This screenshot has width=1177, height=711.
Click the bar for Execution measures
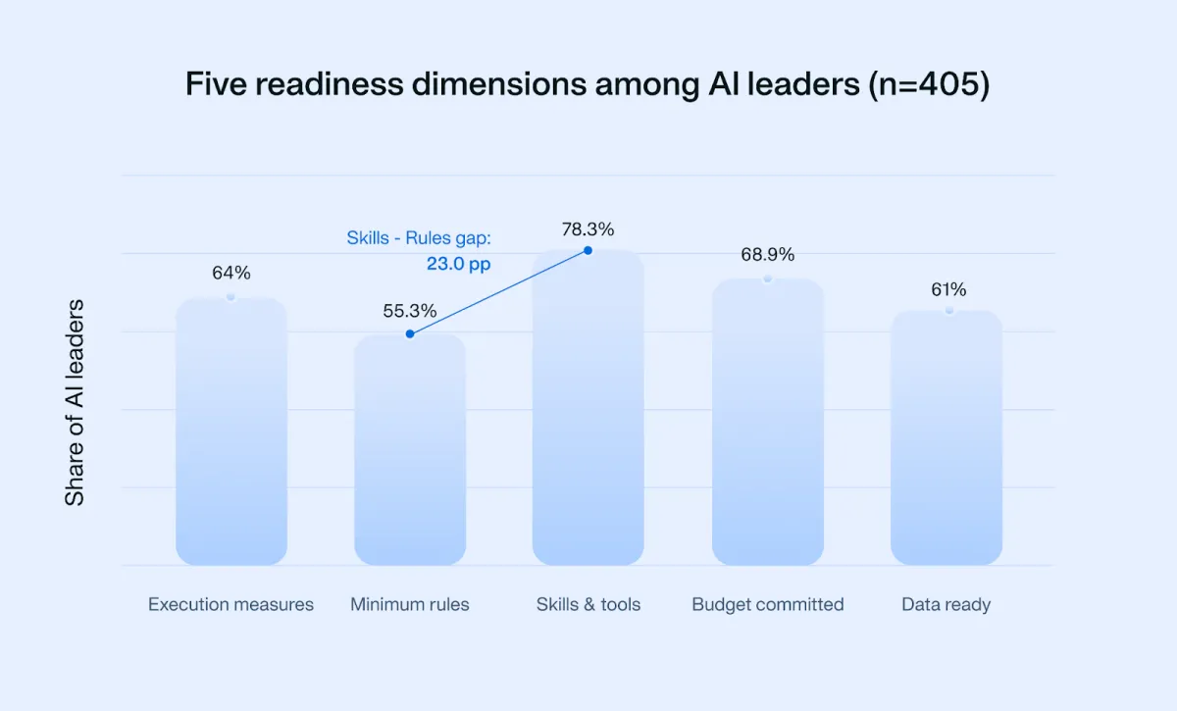tap(231, 432)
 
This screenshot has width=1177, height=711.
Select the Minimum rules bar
tap(410, 450)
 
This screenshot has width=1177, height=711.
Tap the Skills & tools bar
tap(588, 408)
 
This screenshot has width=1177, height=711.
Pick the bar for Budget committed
tap(768, 422)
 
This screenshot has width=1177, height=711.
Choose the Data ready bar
tap(947, 437)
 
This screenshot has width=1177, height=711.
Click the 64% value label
tap(231, 273)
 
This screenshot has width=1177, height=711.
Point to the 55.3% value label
tap(410, 311)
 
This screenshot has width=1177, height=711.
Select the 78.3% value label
tap(588, 229)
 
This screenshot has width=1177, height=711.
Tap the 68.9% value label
tap(768, 255)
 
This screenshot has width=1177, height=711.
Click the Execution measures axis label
tap(231, 604)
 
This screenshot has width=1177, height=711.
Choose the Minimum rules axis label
tap(410, 604)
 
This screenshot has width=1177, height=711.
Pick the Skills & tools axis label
tap(588, 604)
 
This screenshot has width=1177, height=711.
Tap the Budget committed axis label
tap(768, 604)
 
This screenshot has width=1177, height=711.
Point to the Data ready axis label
tap(947, 604)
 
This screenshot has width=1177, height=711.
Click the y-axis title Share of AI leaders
tap(75, 403)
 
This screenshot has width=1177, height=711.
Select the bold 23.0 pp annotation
tap(458, 264)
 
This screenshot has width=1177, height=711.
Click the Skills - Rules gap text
tap(418, 238)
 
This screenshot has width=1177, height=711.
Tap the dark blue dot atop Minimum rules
tap(410, 334)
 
